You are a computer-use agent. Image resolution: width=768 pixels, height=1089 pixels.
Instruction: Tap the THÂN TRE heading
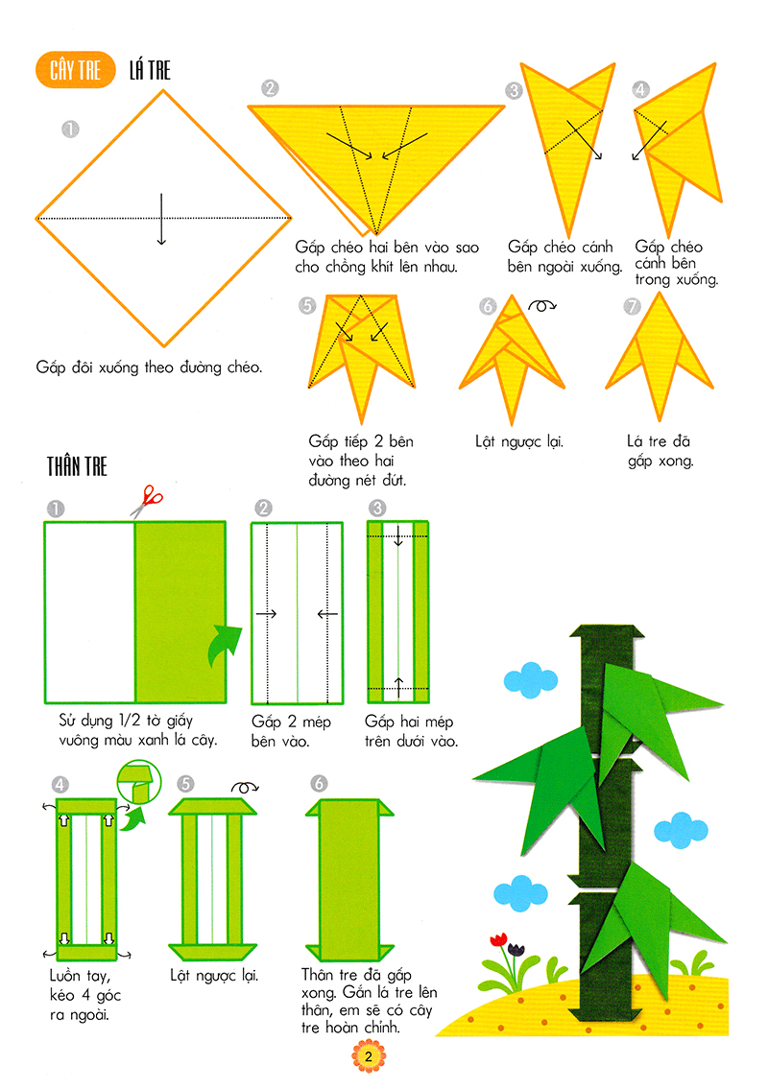[x=78, y=467]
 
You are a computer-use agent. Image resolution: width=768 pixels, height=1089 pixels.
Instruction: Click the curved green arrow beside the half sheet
[x=224, y=644]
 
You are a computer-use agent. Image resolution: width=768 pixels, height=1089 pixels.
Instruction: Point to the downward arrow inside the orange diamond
[x=161, y=219]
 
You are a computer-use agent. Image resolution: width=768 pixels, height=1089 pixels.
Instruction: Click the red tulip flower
[x=497, y=939]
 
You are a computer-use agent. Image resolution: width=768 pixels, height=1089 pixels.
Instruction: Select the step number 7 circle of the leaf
[x=631, y=306]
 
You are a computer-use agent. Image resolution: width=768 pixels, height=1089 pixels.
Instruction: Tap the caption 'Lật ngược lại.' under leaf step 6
[x=518, y=442]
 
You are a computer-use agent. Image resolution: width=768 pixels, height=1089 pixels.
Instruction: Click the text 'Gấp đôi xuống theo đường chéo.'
[x=149, y=367]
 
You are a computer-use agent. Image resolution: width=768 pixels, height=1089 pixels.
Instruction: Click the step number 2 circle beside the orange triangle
[x=269, y=89]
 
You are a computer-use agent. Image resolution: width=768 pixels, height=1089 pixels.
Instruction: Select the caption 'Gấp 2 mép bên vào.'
[x=286, y=731]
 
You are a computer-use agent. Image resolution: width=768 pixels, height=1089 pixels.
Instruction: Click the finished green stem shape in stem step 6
[x=351, y=878]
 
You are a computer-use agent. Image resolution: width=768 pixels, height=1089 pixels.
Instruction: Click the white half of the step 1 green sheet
[x=88, y=611]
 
